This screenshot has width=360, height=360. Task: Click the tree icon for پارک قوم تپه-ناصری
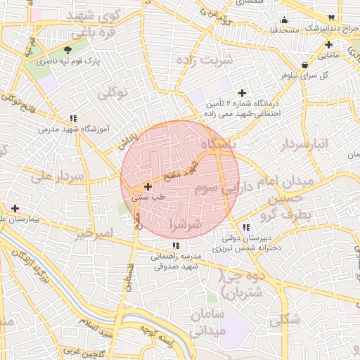(x=67, y=50)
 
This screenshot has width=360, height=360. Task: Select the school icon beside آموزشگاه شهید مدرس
(x=73, y=118)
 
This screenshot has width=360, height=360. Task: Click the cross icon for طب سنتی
(x=148, y=187)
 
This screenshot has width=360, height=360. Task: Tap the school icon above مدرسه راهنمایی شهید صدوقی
(x=176, y=245)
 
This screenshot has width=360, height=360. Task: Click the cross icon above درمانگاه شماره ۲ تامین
(x=243, y=93)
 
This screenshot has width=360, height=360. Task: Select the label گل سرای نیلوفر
(x=304, y=75)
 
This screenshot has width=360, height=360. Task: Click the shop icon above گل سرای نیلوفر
(x=304, y=65)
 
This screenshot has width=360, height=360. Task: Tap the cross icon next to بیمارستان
(x=15, y=208)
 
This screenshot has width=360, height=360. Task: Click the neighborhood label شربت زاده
(x=207, y=60)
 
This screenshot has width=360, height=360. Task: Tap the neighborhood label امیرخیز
(x=93, y=232)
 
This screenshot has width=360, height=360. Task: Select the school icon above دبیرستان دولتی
(x=245, y=227)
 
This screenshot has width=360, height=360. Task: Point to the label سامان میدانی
(x=206, y=321)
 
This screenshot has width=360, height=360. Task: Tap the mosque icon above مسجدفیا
(x=284, y=20)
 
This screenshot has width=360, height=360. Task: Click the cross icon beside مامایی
(x=328, y=44)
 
